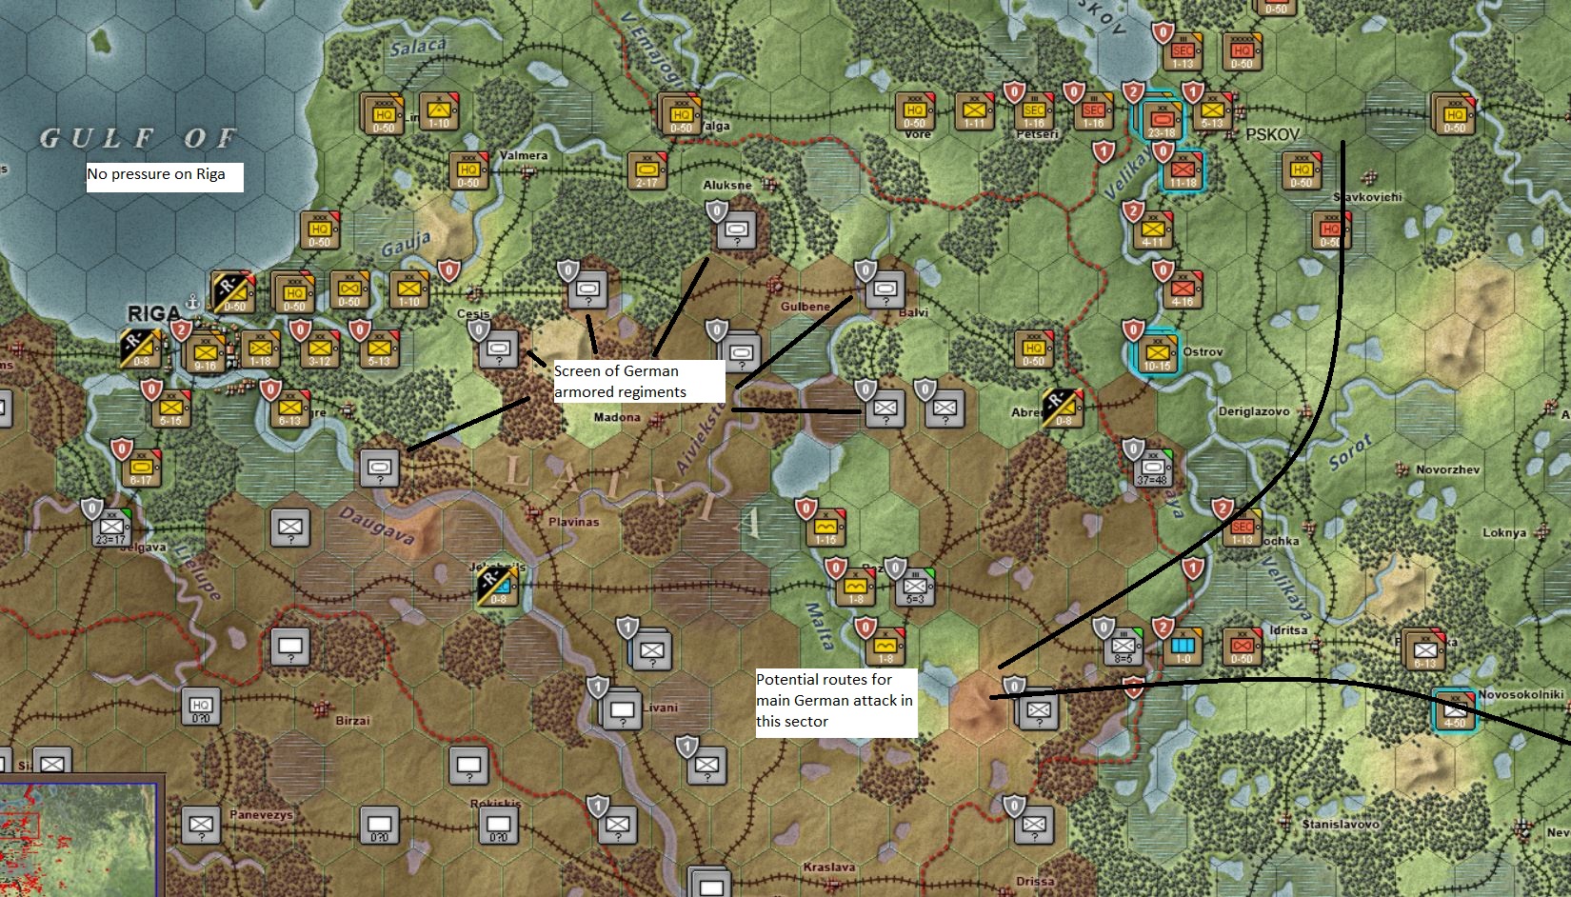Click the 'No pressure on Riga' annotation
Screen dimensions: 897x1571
pyautogui.click(x=156, y=174)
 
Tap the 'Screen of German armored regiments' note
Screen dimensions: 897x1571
pyautogui.click(x=620, y=381)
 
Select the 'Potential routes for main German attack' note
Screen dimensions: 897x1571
pyautogui.click(x=834, y=700)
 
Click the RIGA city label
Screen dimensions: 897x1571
pyautogui.click(x=153, y=312)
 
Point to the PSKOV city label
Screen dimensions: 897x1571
pyautogui.click(x=1272, y=134)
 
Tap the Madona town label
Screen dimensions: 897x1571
pyautogui.click(x=617, y=417)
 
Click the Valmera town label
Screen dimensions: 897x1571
pyautogui.click(x=524, y=155)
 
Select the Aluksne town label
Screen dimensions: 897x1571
pyautogui.click(x=727, y=185)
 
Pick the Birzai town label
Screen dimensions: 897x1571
pyautogui.click(x=352, y=720)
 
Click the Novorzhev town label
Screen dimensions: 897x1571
pyautogui.click(x=1447, y=469)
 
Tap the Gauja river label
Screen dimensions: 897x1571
pyautogui.click(x=407, y=245)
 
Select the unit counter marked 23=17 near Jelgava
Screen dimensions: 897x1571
pyautogui.click(x=111, y=527)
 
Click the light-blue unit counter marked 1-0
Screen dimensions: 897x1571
pyautogui.click(x=1183, y=647)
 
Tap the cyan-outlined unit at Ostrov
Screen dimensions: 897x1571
pyautogui.click(x=1157, y=354)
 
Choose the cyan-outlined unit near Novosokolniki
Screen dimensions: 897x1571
pyautogui.click(x=1455, y=710)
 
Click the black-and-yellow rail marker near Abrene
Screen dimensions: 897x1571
pyautogui.click(x=1063, y=409)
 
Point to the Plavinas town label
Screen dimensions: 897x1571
pyautogui.click(x=574, y=522)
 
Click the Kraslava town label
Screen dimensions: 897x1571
pyautogui.click(x=828, y=867)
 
